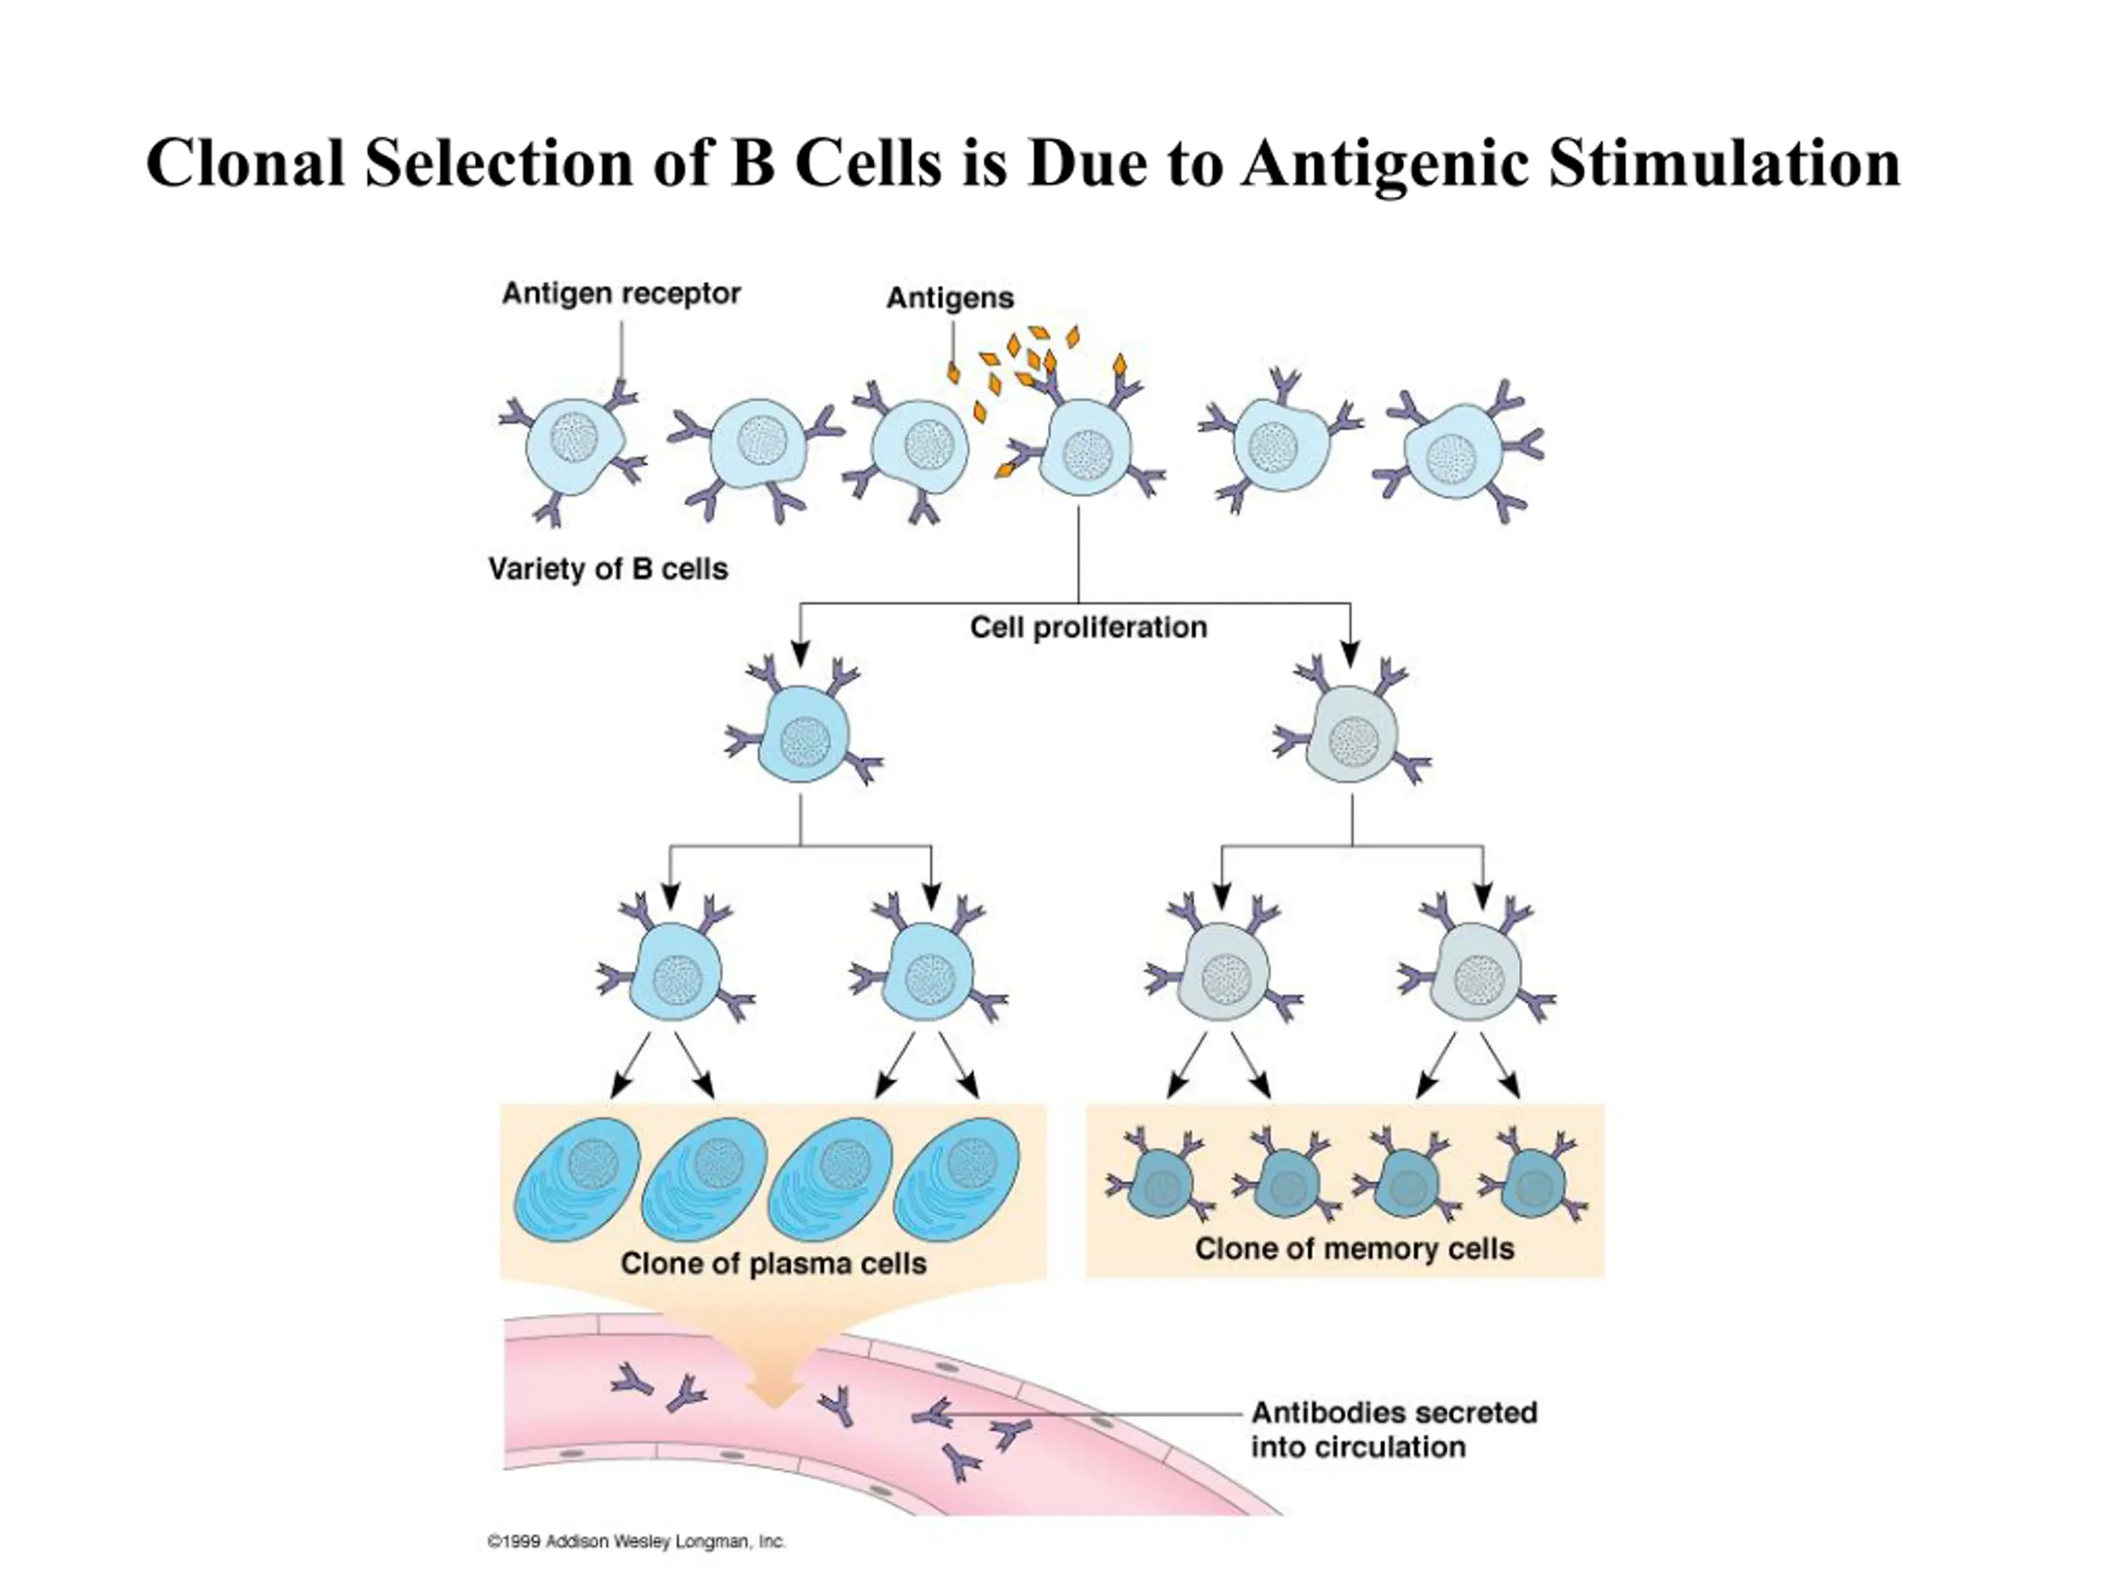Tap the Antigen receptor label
pos(621,294)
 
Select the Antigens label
pos(949,298)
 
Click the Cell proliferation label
pos(1088,627)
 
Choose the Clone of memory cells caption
pos(1354,1249)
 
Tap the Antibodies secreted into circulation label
pos(1394,1430)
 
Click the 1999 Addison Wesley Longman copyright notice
pos(636,1542)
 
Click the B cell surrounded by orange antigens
pos(1086,447)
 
